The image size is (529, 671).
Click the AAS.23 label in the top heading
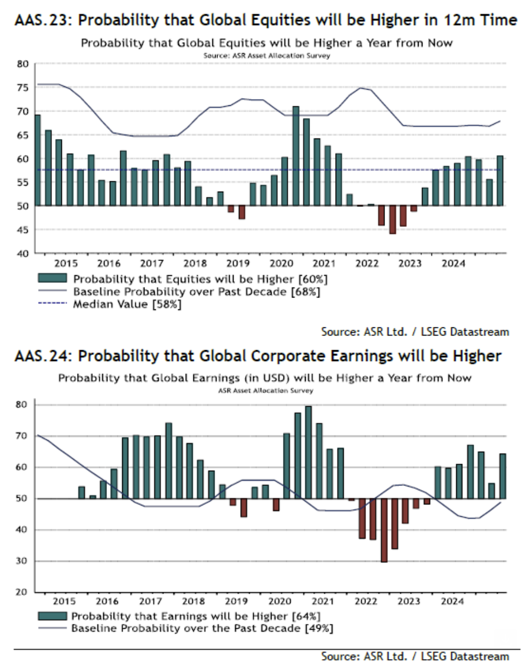coord(43,21)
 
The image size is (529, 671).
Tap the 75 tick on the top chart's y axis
coord(23,88)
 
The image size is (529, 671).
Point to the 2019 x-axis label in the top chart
coord(237,264)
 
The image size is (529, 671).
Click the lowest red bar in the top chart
coord(392,220)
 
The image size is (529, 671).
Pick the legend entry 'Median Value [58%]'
coord(127,304)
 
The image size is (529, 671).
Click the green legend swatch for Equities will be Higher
coord(52,278)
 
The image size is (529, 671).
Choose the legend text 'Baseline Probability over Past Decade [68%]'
coord(197,292)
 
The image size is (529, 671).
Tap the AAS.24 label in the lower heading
coord(43,357)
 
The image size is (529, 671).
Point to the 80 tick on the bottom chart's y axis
coord(22,404)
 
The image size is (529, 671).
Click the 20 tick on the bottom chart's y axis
coord(22,592)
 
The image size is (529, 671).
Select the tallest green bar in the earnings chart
coord(308,452)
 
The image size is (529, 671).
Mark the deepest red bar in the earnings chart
coord(384,530)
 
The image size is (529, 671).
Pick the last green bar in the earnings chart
coord(503,476)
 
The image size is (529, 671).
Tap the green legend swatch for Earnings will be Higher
coord(52,616)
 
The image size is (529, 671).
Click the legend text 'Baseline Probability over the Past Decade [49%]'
coord(202,628)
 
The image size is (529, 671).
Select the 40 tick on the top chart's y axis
coord(23,254)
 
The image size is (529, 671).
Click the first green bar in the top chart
coord(37,160)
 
